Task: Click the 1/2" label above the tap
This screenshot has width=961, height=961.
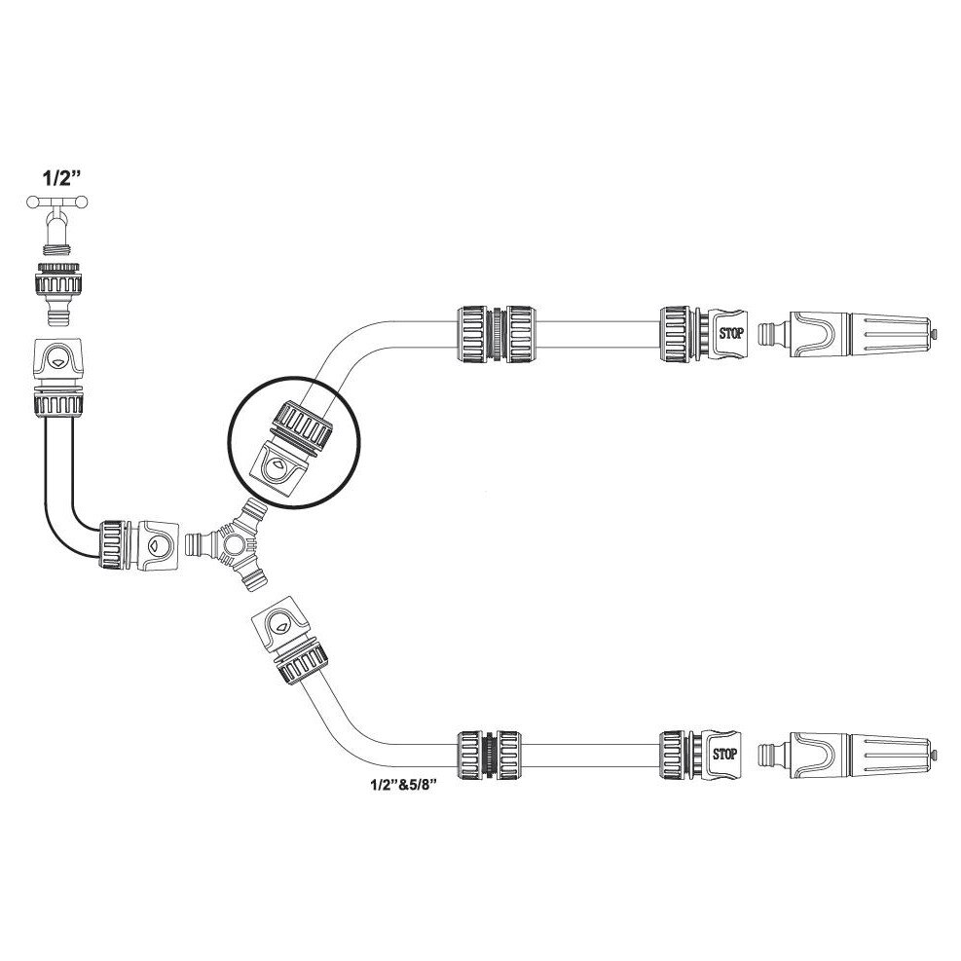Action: coord(61,179)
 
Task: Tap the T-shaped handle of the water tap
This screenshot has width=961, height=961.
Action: coord(57,202)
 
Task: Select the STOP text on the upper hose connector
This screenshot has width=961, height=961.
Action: coord(731,333)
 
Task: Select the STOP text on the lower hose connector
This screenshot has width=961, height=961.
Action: coord(724,754)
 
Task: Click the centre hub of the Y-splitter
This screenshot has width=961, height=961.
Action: coord(233,543)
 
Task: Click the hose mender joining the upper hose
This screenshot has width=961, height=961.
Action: coord(497,333)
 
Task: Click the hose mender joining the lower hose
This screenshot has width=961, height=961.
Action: coord(489,755)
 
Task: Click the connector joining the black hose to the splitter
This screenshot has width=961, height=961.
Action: coord(139,545)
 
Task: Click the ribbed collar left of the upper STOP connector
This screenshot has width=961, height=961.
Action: coord(676,333)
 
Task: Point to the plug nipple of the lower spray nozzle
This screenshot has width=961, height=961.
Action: coord(771,754)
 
